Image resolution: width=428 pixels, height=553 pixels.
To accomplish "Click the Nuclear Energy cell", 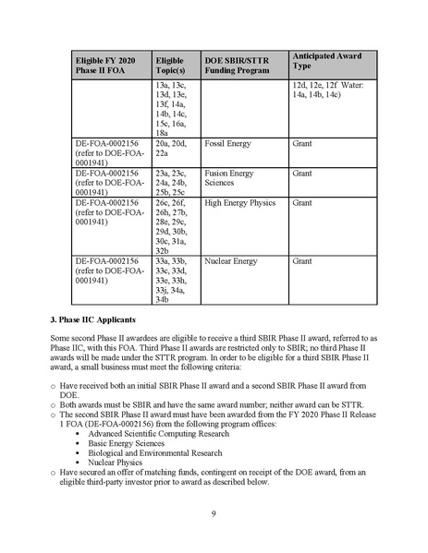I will click(231, 261).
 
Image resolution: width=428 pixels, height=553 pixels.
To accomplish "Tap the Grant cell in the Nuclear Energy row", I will click(302, 261).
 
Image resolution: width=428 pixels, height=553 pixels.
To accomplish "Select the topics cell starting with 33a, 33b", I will click(171, 280).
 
